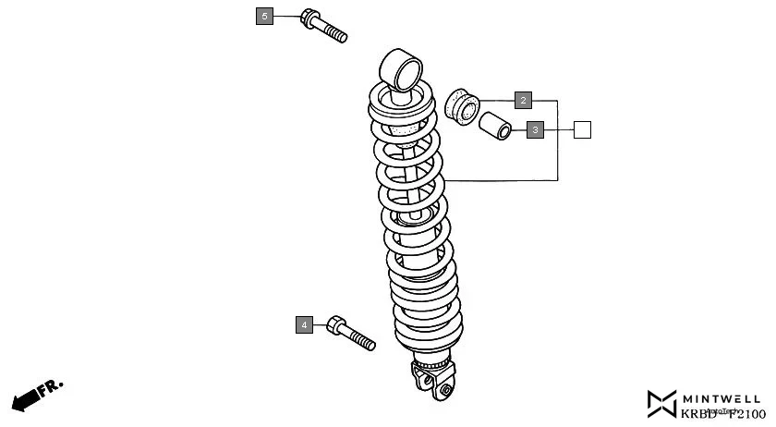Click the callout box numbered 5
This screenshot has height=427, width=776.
point(265,17)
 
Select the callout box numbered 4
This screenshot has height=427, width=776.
point(305,324)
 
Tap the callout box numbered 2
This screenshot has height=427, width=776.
point(523,100)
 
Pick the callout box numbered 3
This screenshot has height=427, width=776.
point(536,130)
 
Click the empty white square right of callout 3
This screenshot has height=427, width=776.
point(582,130)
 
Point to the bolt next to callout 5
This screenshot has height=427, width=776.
point(323,26)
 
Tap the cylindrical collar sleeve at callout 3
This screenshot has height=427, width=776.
point(496,125)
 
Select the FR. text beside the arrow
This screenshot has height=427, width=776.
point(51,385)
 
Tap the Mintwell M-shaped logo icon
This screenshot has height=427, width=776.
point(662,403)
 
